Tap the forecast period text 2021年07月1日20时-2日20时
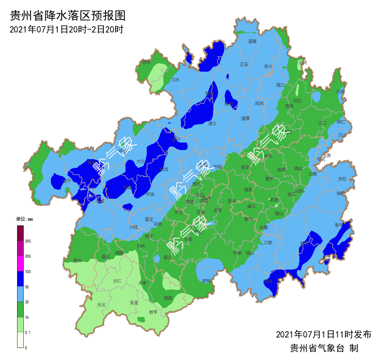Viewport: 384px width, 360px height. [x=66, y=30]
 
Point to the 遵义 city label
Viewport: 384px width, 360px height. [x=213, y=123]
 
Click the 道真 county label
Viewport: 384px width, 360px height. [x=252, y=41]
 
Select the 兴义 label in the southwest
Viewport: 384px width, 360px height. [x=101, y=305]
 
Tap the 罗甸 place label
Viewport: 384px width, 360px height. [x=206, y=281]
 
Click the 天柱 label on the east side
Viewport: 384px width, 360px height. [x=342, y=179]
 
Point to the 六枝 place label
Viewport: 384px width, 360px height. [x=133, y=227]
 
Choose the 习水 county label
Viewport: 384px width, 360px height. [x=176, y=80]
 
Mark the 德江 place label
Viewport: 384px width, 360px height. [x=280, y=85]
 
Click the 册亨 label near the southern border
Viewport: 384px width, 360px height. [x=153, y=312]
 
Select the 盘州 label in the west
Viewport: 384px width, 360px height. [x=78, y=260]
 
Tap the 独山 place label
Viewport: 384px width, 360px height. [x=250, y=253]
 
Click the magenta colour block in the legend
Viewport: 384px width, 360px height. [x=20, y=264]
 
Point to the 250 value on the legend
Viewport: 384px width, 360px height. [x=28, y=241]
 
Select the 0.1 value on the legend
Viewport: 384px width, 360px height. [x=28, y=332]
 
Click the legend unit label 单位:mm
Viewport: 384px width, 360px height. [x=24, y=219]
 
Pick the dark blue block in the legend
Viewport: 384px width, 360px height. [x=20, y=279]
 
